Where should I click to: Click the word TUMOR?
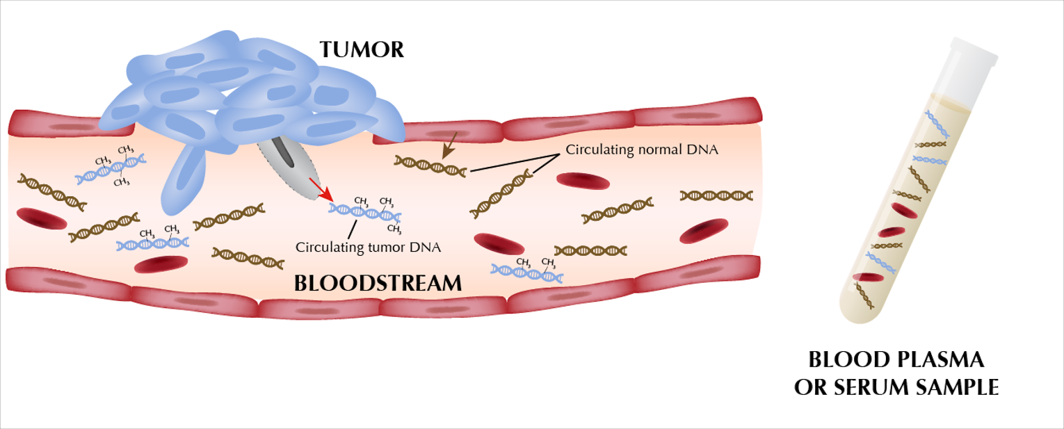pyautogui.click(x=361, y=50)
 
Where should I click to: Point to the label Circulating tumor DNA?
pyautogui.click(x=369, y=246)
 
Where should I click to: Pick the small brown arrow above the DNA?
pyautogui.click(x=447, y=145)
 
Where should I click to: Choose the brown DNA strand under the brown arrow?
pyautogui.click(x=430, y=166)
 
